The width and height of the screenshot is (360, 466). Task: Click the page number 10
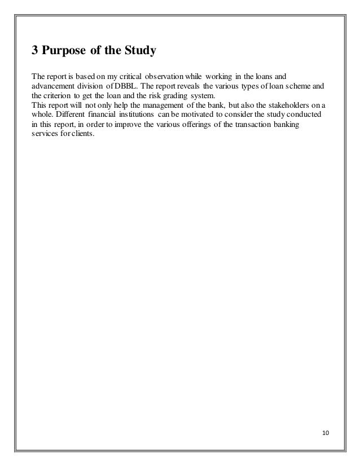(327, 433)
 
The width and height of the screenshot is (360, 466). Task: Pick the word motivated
(203, 115)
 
